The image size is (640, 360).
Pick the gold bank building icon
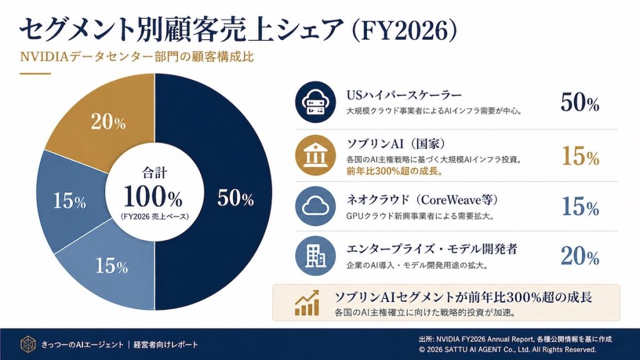coord(312,156)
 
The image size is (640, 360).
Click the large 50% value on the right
coord(579,103)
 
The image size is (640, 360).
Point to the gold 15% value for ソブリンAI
coord(579,156)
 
